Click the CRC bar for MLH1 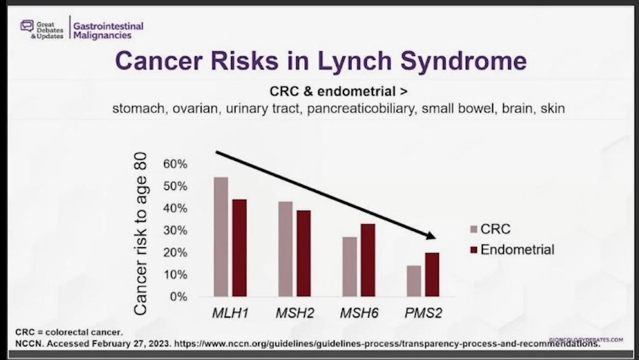221,237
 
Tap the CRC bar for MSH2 285,249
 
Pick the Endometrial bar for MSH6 367,260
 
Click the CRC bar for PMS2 415,281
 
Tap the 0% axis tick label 178,297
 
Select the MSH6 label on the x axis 359,313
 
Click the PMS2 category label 423,313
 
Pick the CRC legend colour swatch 473,230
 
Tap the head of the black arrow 430,235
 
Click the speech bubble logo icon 26,26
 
